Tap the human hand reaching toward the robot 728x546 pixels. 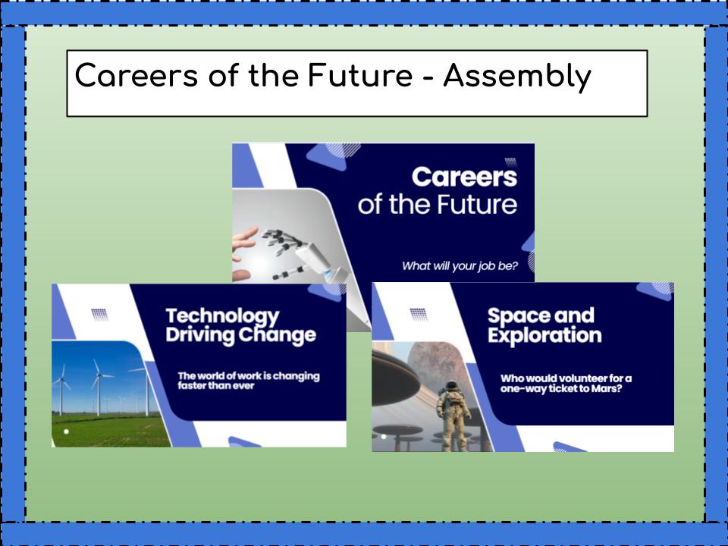click(244, 241)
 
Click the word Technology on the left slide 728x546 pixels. click(221, 316)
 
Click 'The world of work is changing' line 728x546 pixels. click(248, 376)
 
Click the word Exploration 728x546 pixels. click(544, 334)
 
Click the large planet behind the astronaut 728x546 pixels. click(440, 356)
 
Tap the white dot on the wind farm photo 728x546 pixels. click(67, 431)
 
